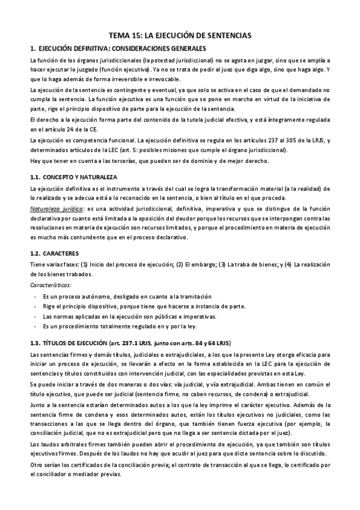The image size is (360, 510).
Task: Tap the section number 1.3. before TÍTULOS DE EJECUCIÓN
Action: click(37, 343)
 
